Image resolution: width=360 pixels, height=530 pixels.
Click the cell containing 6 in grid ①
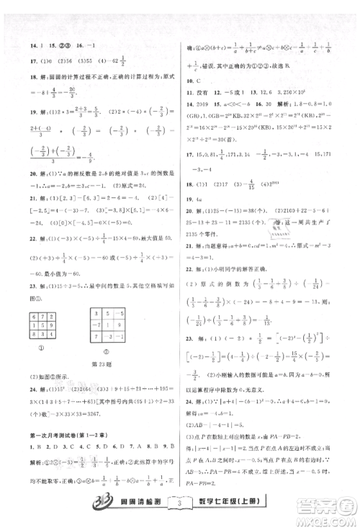pos(50,296)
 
